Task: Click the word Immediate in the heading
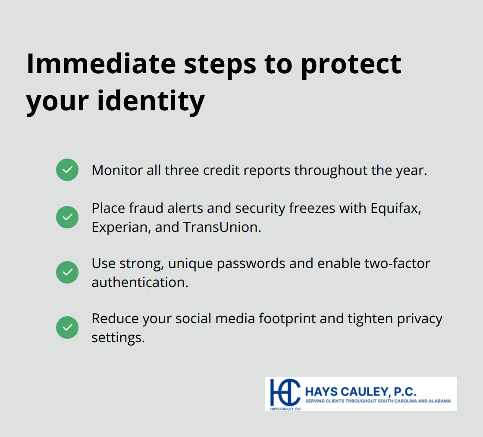click(x=101, y=64)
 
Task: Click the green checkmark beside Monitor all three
click(x=67, y=170)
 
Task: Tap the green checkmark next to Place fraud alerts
click(x=67, y=217)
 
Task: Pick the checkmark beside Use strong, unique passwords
click(x=67, y=272)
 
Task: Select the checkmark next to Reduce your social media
click(x=67, y=328)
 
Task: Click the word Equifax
click(x=395, y=208)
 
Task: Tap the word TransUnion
click(x=222, y=227)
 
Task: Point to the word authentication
click(x=140, y=282)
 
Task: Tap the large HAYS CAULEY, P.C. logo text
click(x=361, y=392)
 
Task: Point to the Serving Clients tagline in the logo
click(x=378, y=401)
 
